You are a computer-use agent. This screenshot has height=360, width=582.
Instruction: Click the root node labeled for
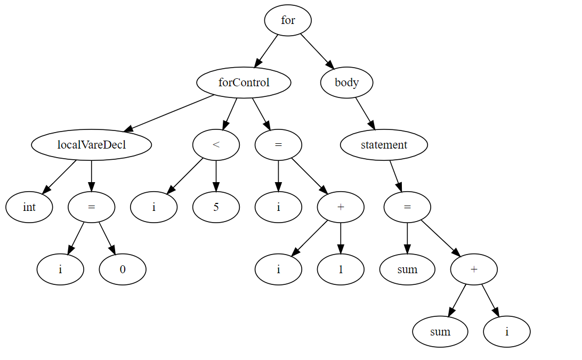pos(288,20)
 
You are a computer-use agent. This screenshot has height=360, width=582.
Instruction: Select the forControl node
pos(244,83)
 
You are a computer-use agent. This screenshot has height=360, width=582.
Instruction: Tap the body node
pos(346,83)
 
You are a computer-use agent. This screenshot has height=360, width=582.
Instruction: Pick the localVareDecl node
pos(91,144)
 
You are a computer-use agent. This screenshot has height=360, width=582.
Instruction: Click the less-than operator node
pos(216,144)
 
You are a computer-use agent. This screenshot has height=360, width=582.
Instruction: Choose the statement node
pos(384,144)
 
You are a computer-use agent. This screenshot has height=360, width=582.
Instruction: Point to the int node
pos(29,207)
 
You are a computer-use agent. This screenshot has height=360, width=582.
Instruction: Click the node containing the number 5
pos(216,207)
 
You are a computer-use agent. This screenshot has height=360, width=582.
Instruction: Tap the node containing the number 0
pos(123,269)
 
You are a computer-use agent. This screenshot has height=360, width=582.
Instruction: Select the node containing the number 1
pos(341,269)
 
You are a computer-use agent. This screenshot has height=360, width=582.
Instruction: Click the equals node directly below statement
pos(407,207)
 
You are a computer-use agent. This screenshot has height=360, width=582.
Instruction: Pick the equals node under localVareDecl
pos(91,207)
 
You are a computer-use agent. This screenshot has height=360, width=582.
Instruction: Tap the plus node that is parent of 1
pos(341,207)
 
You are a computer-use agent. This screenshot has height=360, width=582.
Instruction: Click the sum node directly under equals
pos(407,269)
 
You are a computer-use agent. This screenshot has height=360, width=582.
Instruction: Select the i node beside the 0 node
pos(60,269)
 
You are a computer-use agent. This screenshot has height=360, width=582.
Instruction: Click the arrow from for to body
pos(317,51)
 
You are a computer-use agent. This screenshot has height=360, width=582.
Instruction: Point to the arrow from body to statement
pos(365,113)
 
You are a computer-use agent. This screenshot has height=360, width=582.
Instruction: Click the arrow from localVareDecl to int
pos(60,176)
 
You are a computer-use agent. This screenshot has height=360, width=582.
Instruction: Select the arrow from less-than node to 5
pos(216,175)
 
